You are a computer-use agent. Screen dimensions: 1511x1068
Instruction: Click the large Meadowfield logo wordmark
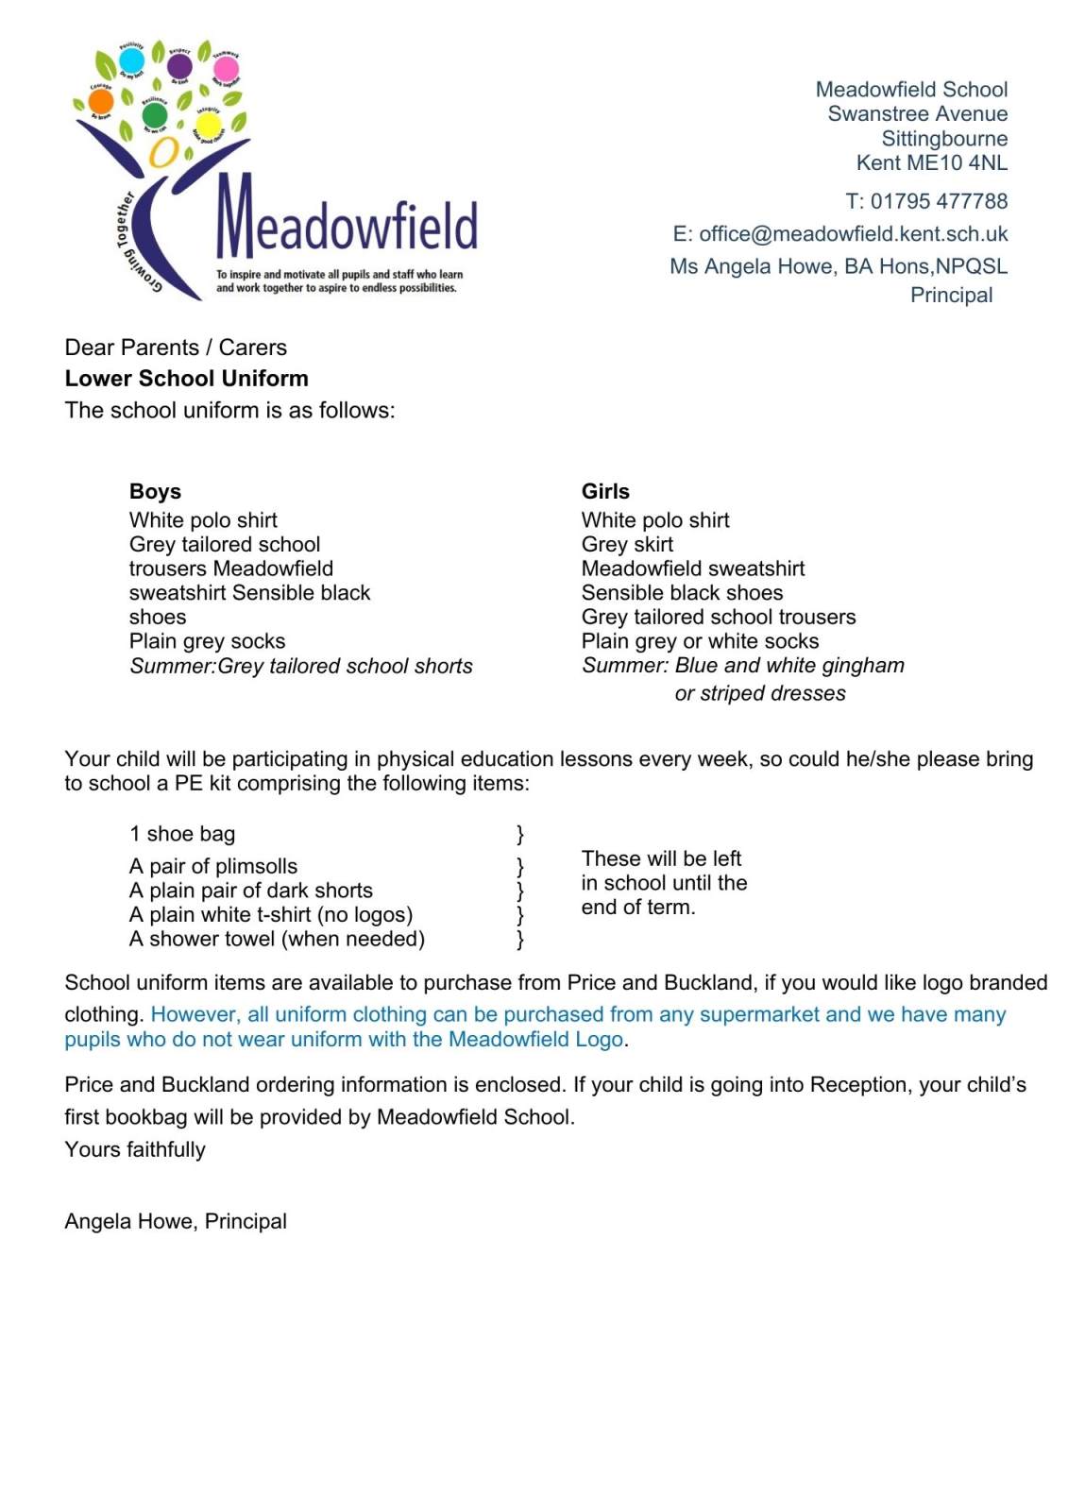(348, 219)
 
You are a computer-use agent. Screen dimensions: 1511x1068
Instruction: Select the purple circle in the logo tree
(178, 66)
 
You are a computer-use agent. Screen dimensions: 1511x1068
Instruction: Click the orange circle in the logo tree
(100, 101)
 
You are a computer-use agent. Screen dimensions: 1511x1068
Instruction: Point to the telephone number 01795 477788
(939, 201)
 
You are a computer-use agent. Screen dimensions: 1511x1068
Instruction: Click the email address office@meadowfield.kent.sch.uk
(853, 234)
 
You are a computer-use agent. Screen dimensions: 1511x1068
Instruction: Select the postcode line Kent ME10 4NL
(931, 162)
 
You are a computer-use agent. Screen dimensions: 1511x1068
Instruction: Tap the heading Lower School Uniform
(186, 379)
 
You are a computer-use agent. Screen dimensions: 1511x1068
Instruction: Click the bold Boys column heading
(155, 491)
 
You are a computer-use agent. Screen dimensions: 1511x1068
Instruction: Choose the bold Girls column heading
(605, 491)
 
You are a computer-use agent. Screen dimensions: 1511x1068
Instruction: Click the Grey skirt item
(627, 544)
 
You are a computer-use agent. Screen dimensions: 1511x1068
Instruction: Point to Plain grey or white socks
(700, 641)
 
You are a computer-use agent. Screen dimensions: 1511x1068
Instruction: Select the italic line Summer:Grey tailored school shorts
(300, 666)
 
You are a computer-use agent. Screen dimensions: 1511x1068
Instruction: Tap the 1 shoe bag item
(182, 834)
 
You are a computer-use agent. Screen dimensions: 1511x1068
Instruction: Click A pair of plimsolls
(213, 866)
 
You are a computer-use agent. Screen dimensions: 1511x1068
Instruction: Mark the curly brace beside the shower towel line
(520, 939)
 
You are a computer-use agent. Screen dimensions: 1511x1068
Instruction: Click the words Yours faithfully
(135, 1149)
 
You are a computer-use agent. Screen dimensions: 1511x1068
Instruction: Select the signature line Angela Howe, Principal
(176, 1221)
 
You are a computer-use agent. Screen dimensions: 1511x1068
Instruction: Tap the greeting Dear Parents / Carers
(176, 348)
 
